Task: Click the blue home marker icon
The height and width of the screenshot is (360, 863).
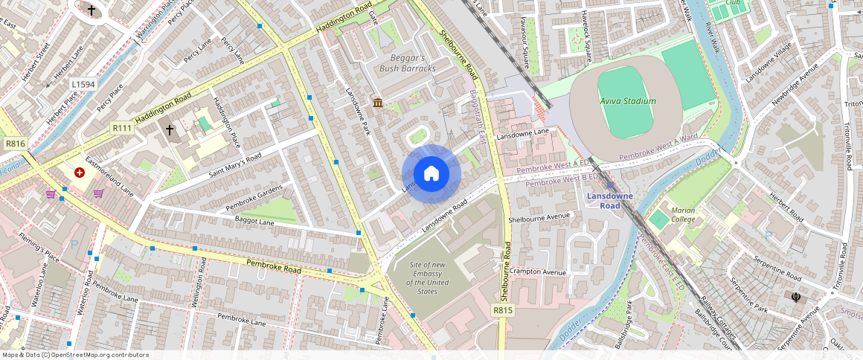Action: pos(431,174)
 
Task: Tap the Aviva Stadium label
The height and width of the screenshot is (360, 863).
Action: pos(628,101)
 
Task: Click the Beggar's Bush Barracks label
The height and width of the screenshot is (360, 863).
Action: pos(407,63)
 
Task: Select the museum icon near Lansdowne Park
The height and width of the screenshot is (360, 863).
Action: pos(378,103)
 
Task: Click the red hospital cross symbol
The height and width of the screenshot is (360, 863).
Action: pos(79,173)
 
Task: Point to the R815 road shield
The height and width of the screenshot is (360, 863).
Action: pos(503,309)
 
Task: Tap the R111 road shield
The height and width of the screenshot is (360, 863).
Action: pos(122,128)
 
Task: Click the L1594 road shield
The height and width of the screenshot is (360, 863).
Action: pos(83,85)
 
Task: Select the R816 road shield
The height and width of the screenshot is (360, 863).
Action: pos(15,144)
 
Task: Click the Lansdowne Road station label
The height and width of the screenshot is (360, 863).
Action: pos(609,201)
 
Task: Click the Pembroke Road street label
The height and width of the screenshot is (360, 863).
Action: pos(274,265)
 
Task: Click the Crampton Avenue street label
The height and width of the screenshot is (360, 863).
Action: pos(539,272)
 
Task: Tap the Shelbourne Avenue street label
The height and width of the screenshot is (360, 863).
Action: pos(539,219)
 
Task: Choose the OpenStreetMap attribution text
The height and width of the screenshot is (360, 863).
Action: pos(75,355)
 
